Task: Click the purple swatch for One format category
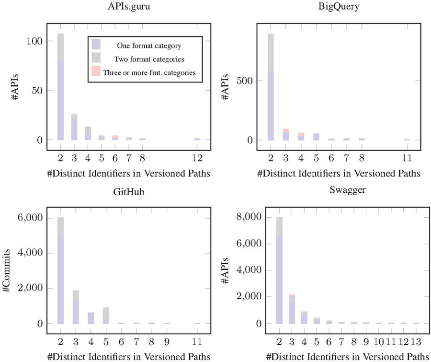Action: [96, 46]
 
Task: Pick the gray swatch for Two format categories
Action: [96, 59]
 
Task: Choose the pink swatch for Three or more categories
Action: [96, 72]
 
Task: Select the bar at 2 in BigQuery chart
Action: [271, 86]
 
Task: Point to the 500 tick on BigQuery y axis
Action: [249, 81]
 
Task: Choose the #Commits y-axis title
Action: [8, 271]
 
